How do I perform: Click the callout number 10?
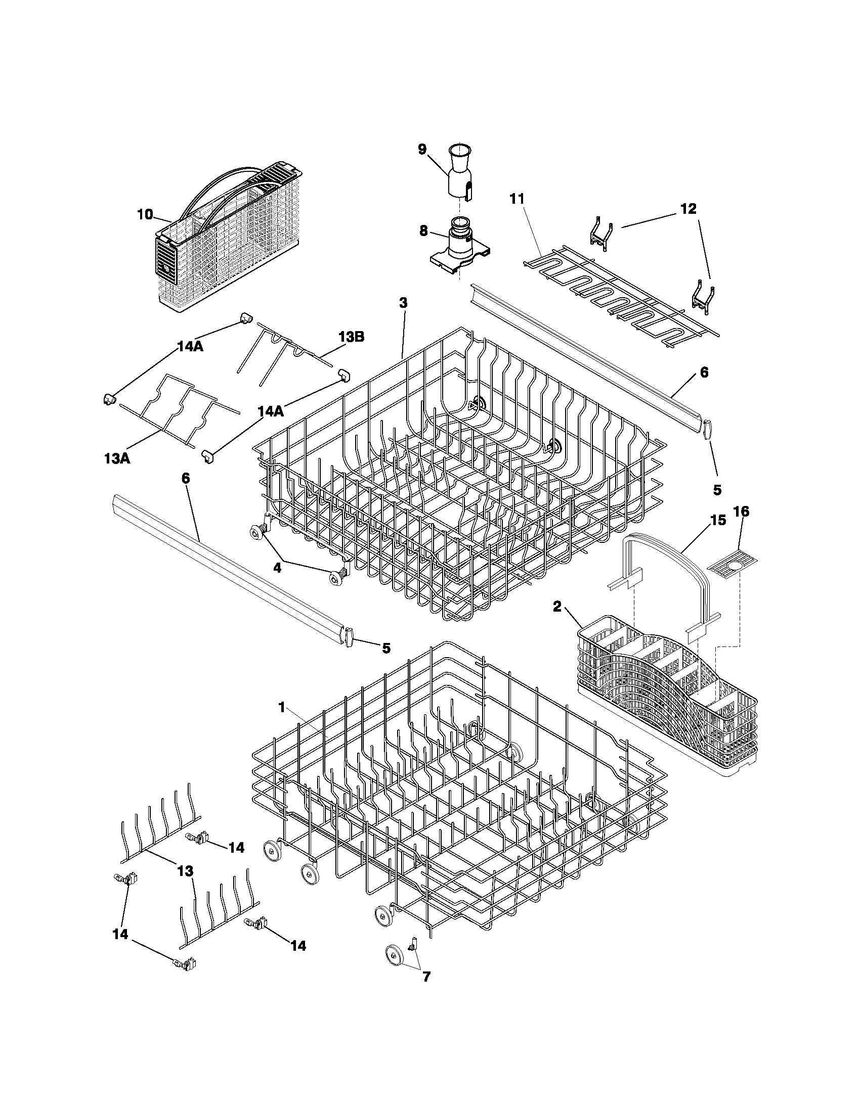click(145, 214)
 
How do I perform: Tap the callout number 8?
click(423, 230)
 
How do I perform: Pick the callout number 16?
click(741, 512)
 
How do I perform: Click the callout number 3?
click(403, 302)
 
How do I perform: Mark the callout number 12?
click(689, 209)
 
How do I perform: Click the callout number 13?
click(186, 871)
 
